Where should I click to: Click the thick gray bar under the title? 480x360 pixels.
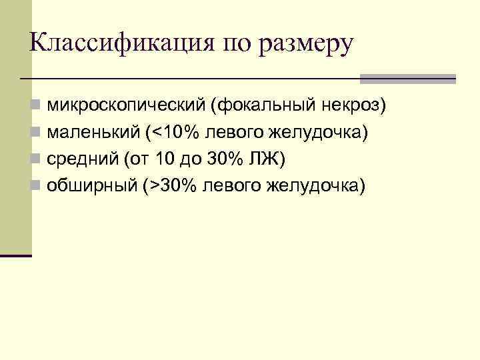(x=407, y=79)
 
